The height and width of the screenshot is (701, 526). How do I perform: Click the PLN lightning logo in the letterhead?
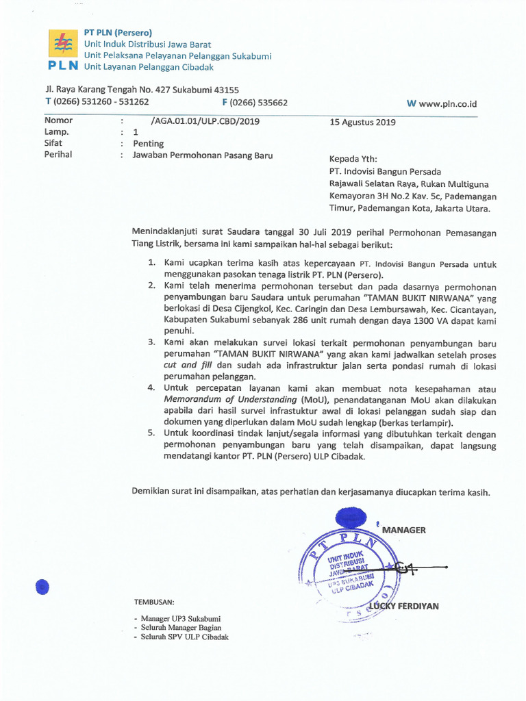tap(62, 45)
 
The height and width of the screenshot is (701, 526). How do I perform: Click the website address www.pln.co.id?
tap(448, 104)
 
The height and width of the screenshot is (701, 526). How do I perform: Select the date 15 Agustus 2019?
tap(362, 123)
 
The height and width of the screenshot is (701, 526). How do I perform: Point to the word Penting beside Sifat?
tap(148, 144)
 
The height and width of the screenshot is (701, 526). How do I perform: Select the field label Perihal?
tap(58, 155)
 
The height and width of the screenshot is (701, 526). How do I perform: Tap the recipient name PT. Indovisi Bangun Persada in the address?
tap(385, 171)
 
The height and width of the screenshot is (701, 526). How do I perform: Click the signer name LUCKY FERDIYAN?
tap(404, 606)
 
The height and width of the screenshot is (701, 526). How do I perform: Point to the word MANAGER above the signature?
tap(404, 530)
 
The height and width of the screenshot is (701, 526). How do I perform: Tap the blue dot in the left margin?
tap(42, 587)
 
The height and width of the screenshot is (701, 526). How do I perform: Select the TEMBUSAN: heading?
tap(154, 602)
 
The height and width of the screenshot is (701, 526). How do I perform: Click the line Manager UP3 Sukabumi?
tap(181, 618)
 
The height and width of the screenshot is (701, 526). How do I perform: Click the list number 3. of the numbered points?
tap(152, 342)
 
